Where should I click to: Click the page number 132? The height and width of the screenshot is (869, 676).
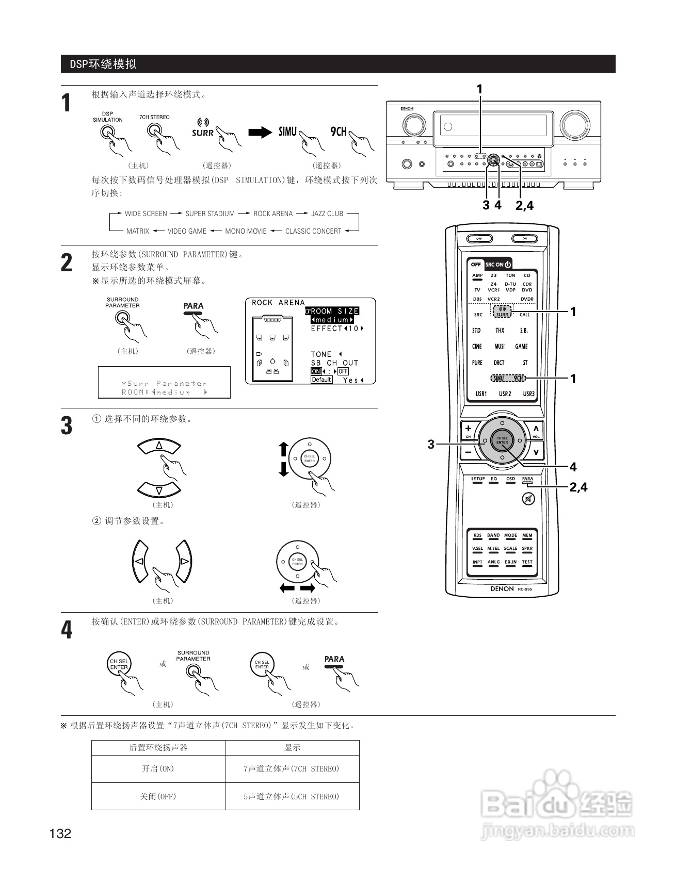(x=60, y=833)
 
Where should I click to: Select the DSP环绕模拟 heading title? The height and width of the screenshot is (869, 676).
(x=103, y=64)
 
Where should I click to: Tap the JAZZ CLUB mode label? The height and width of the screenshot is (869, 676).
(x=327, y=214)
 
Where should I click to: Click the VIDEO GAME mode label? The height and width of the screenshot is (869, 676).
(x=187, y=231)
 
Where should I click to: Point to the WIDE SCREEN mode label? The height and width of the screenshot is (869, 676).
(x=146, y=214)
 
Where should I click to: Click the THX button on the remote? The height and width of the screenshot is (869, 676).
(x=500, y=331)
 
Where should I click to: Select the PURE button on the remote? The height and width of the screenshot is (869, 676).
(x=477, y=363)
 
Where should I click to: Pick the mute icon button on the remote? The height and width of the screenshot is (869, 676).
(x=528, y=499)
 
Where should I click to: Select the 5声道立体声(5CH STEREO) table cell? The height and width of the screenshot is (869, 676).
(x=292, y=796)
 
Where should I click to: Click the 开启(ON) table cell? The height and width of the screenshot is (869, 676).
(x=158, y=769)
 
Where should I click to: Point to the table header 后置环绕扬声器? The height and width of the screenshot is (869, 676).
(x=158, y=748)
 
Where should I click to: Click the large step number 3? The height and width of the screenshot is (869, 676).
(x=67, y=427)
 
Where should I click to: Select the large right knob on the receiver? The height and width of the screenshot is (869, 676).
(x=575, y=124)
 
